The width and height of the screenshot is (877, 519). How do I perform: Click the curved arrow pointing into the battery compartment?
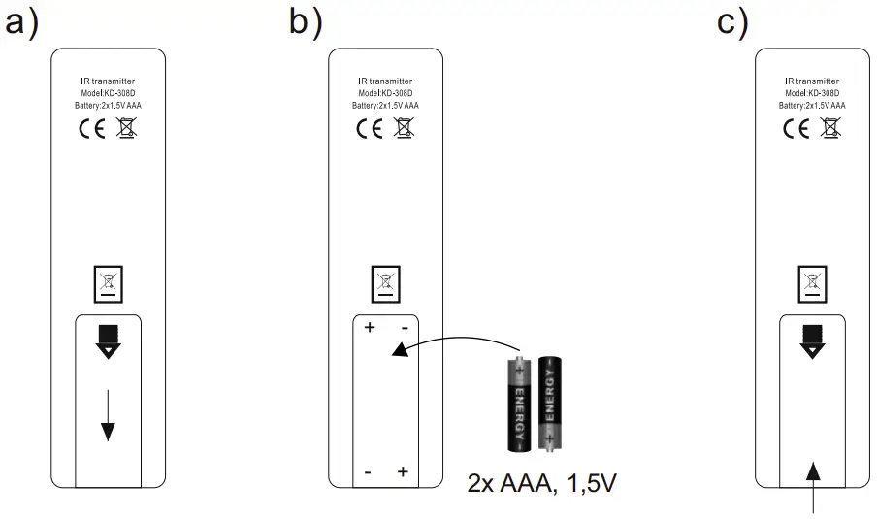(x=456, y=342)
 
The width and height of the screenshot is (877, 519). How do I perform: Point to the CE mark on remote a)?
(x=89, y=127)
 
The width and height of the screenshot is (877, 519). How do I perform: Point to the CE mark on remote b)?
(x=369, y=128)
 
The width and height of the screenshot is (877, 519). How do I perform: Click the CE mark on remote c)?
(x=795, y=127)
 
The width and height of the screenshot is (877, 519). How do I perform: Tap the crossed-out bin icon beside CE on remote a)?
(x=125, y=127)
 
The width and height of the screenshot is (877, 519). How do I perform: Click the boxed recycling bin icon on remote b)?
(x=386, y=284)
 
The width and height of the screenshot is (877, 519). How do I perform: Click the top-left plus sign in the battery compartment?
(x=369, y=328)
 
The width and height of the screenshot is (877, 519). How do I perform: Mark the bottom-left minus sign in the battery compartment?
(x=369, y=472)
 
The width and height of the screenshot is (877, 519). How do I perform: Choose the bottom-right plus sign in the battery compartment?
(x=403, y=472)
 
